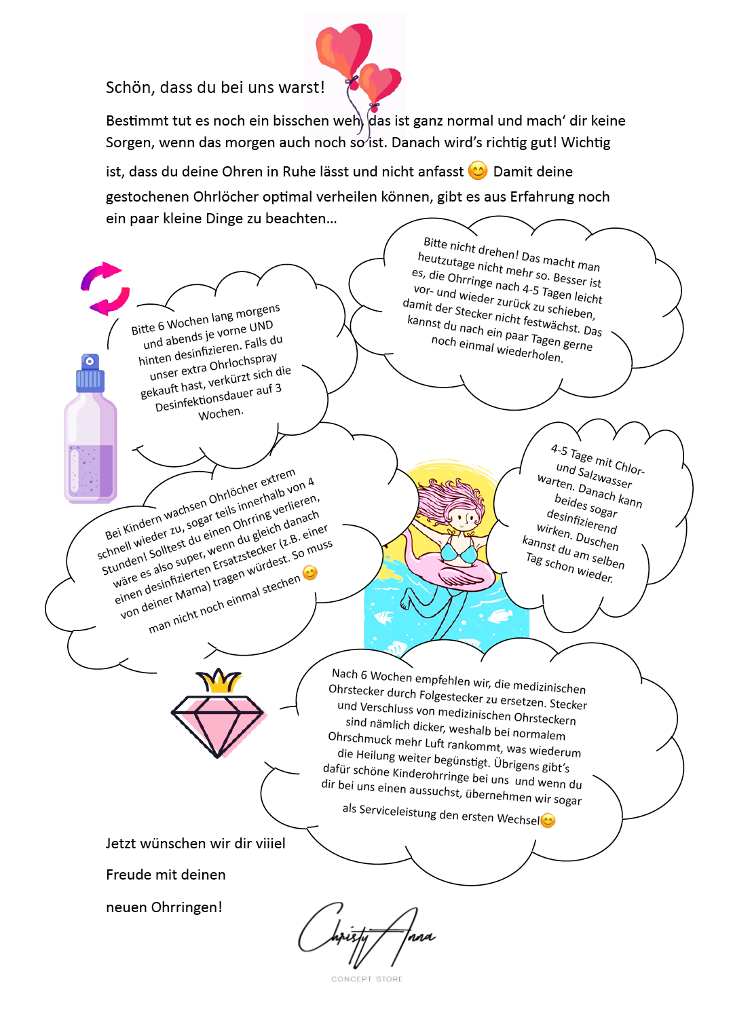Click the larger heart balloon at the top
pos(344,49)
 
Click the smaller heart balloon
pos(381,84)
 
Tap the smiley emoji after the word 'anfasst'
pos(478,171)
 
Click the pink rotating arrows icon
pos(105,288)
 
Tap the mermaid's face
pos(464,519)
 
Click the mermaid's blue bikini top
pos(459,552)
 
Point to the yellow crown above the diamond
pos(219,680)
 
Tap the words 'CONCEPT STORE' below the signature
pos(366,979)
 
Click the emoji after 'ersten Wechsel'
pos(548,821)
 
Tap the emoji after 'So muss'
pos(310,573)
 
